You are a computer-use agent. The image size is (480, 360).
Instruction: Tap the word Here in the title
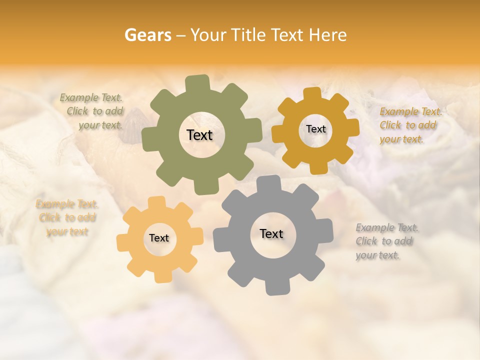pos(327,35)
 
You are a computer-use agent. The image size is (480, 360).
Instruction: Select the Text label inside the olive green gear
pos(199,135)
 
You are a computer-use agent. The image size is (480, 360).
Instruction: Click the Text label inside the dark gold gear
pos(315,129)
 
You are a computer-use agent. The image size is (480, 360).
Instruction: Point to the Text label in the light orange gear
pos(159,238)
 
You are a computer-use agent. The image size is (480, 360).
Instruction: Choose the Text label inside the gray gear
pos(271,233)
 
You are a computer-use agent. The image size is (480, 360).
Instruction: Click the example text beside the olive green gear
pos(93,111)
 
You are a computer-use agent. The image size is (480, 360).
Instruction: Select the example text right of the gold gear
pos(408,125)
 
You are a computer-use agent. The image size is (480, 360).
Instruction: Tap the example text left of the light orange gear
pos(67,218)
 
